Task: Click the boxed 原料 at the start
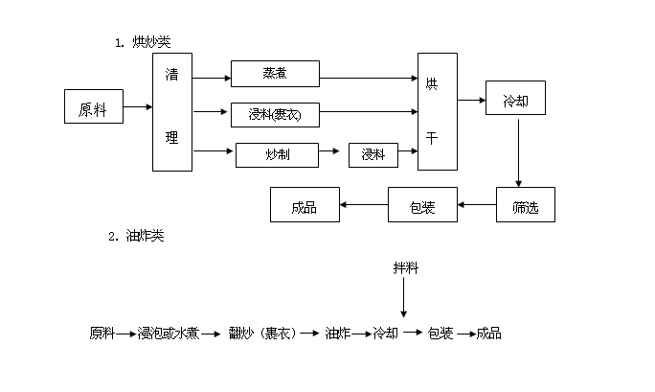[x=94, y=107]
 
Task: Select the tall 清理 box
[x=172, y=112]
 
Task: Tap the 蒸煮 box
[x=275, y=74]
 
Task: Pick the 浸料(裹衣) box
[x=275, y=114]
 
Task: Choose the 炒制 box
[x=277, y=153]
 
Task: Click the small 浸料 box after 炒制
[x=373, y=153]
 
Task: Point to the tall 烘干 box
[x=437, y=112]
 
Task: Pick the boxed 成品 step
[x=305, y=204]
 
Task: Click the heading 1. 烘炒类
[x=143, y=41]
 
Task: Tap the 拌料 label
[x=405, y=266]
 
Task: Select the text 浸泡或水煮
[x=169, y=333]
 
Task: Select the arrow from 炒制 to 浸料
[x=329, y=151]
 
